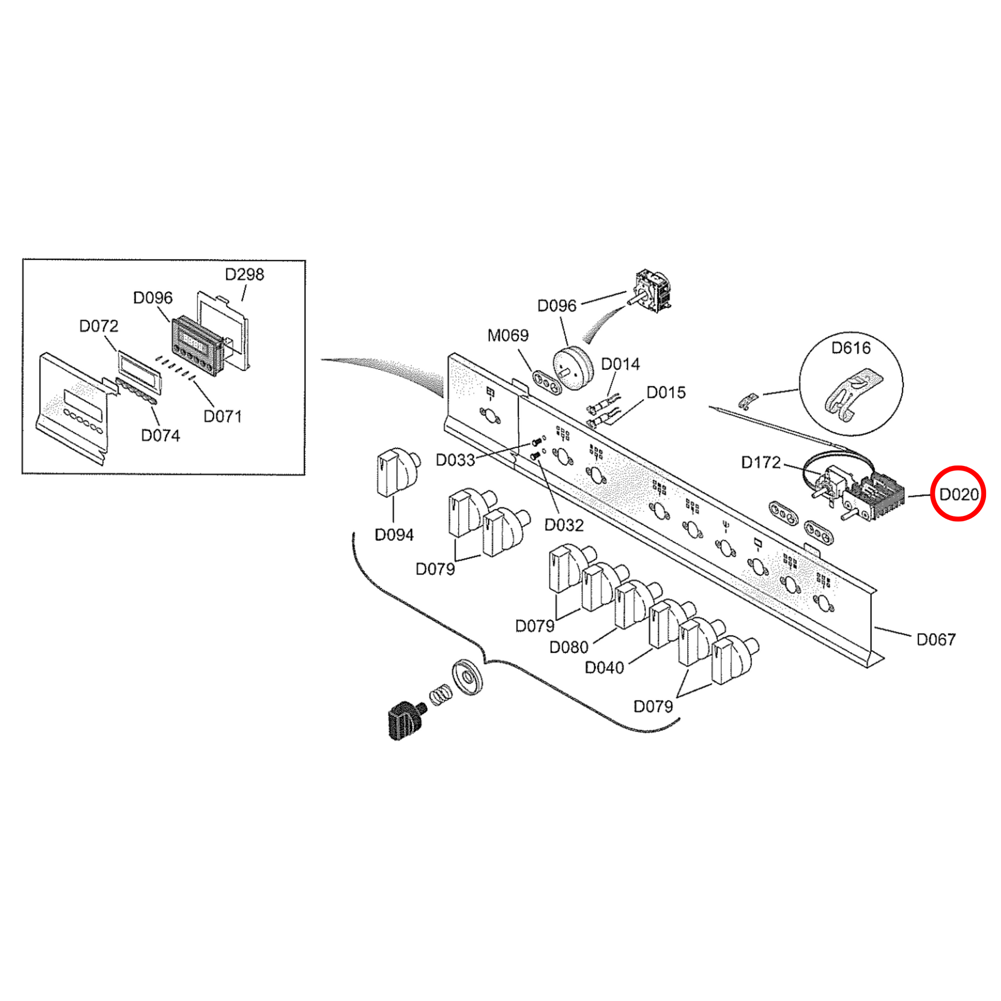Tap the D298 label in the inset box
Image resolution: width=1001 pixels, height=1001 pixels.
[244, 274]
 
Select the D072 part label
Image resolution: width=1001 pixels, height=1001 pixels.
[98, 326]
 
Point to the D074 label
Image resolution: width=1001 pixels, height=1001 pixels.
[160, 435]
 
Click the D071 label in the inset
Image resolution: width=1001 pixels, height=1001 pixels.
[222, 416]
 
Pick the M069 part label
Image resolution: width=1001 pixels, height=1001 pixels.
[508, 335]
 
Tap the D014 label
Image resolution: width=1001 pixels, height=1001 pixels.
[620, 364]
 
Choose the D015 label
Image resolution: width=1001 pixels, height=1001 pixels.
[666, 392]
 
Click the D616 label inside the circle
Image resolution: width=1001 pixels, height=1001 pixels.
[851, 348]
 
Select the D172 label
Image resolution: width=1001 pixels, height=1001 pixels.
[761, 462]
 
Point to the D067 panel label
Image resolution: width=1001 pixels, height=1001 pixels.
[936, 639]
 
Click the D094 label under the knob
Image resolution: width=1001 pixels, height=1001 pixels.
[394, 534]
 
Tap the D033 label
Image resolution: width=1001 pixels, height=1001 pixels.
[455, 459]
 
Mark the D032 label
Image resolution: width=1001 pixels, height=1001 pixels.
[564, 525]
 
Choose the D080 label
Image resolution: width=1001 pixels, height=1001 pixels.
[568, 647]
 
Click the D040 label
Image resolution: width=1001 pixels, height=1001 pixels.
[604, 668]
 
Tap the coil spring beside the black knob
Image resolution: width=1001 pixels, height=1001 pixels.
[439, 693]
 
